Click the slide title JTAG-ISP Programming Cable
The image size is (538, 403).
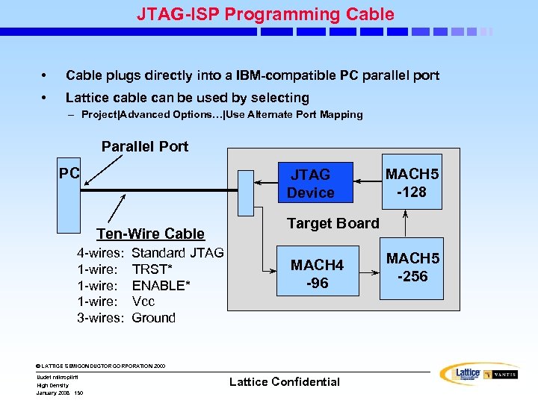click(265, 14)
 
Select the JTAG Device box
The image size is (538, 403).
click(310, 184)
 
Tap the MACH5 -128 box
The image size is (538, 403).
click(412, 182)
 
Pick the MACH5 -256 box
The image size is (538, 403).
click(412, 266)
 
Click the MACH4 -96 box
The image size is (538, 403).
click(317, 274)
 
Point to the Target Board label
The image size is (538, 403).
click(333, 223)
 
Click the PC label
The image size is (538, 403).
click(69, 172)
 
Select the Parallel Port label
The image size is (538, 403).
click(145, 146)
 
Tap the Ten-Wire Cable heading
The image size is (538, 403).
click(150, 234)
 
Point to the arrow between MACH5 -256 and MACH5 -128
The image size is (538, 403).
click(405, 223)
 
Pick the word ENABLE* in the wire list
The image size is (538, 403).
click(158, 285)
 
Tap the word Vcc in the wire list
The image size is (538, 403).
click(143, 302)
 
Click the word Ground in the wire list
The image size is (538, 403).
click(153, 318)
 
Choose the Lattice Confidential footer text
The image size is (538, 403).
click(284, 381)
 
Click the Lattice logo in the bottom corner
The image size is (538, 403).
click(468, 374)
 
